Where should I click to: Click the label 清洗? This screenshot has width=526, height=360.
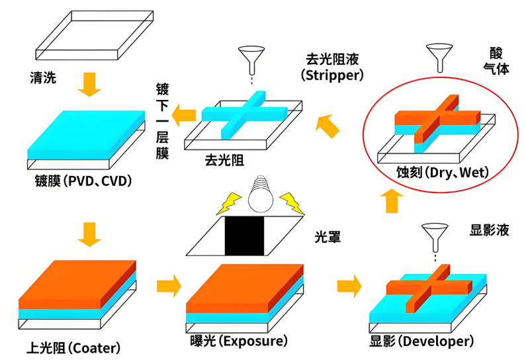pos(44,78)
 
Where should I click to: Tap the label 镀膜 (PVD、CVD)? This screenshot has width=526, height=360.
pos(79,179)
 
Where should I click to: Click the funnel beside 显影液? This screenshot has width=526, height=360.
pos(435,234)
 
